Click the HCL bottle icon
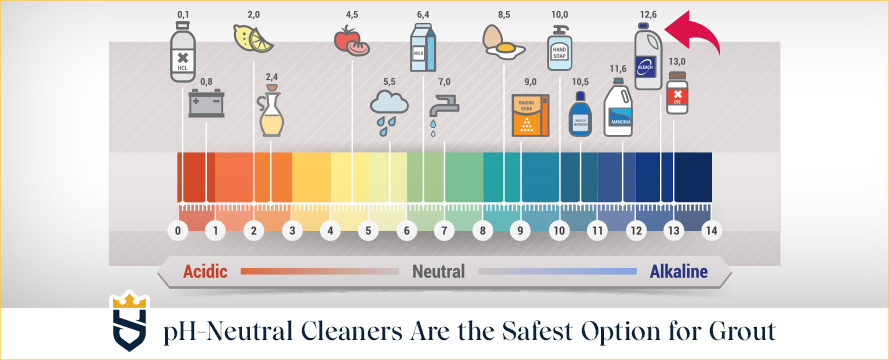click(x=182, y=49)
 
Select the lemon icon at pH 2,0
click(x=254, y=39)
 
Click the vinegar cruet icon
click(x=271, y=113)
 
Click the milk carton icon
click(x=422, y=46)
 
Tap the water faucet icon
click(x=442, y=108)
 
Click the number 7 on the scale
click(x=443, y=231)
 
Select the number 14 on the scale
click(x=711, y=231)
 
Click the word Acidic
click(x=205, y=271)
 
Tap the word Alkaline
click(x=678, y=271)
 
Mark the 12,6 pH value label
click(x=647, y=14)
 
